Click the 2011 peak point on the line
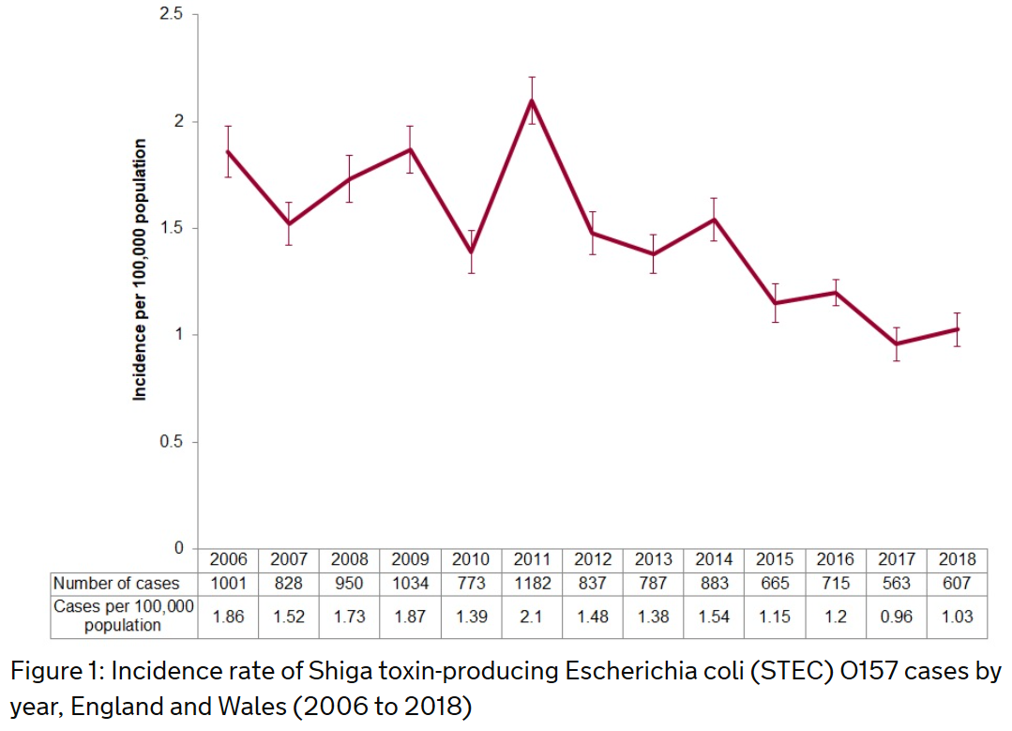pyautogui.click(x=532, y=100)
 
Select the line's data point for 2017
pyautogui.click(x=897, y=343)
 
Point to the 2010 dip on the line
pyautogui.click(x=471, y=251)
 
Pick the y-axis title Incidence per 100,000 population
pyautogui.click(x=140, y=269)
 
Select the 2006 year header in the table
pyautogui.click(x=228, y=559)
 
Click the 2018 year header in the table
pyautogui.click(x=957, y=559)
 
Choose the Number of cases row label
pyautogui.click(x=116, y=583)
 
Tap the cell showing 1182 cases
pyautogui.click(x=532, y=583)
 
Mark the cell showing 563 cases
pyautogui.click(x=897, y=583)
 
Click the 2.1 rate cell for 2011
pyautogui.click(x=532, y=617)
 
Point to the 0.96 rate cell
pyautogui.click(x=897, y=617)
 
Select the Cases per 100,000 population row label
pyautogui.click(x=123, y=616)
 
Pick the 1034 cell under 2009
pyautogui.click(x=410, y=583)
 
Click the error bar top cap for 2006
pyautogui.click(x=228, y=126)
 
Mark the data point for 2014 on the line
pyautogui.click(x=715, y=220)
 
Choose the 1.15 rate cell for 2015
pyautogui.click(x=775, y=617)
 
